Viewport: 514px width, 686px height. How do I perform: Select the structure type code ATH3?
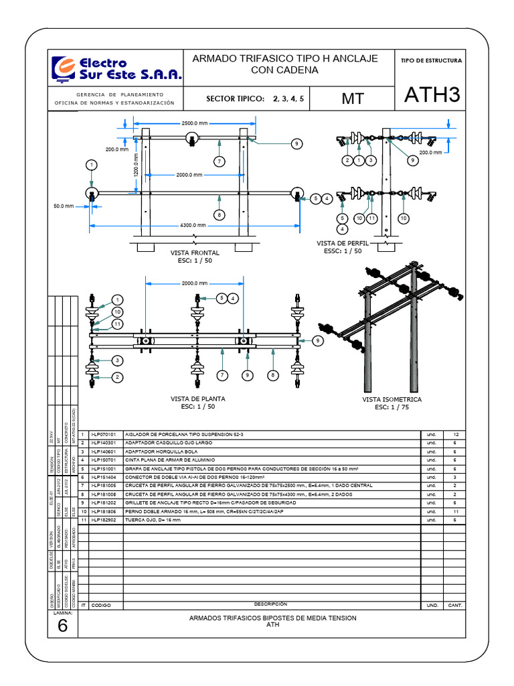click(432, 96)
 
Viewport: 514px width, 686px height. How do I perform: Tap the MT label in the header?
click(353, 98)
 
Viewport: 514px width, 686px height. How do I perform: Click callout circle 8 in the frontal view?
click(219, 214)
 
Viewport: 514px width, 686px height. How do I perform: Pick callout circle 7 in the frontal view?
click(218, 161)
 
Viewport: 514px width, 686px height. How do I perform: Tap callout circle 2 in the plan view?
click(117, 377)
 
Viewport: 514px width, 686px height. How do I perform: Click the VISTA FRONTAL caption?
click(195, 253)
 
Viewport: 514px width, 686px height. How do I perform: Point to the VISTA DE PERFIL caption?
click(342, 244)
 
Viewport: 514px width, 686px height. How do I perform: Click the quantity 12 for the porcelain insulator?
click(455, 435)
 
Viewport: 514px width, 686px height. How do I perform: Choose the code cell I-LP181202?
click(103, 502)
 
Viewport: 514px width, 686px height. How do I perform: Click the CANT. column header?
click(455, 605)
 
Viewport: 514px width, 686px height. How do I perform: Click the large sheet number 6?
click(63, 626)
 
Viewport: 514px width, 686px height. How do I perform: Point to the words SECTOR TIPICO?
click(236, 98)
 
